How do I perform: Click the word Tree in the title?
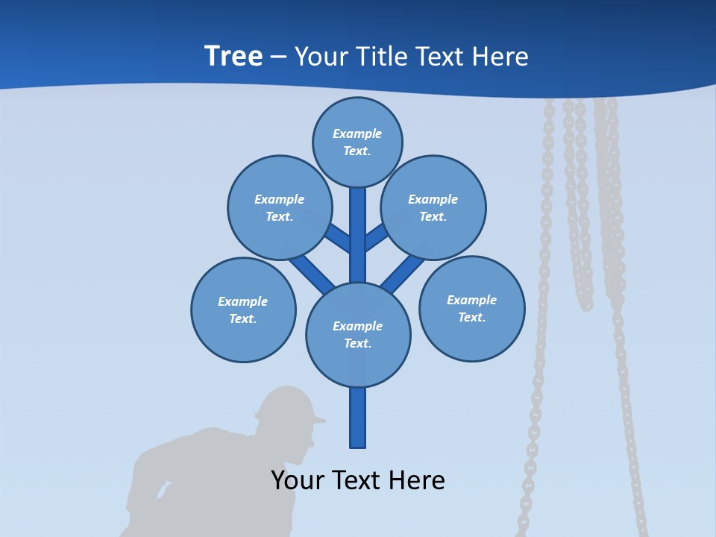pyautogui.click(x=233, y=57)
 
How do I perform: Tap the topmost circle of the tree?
pyautogui.click(x=357, y=142)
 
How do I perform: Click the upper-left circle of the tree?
pyautogui.click(x=280, y=207)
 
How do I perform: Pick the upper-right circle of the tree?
pyautogui.click(x=433, y=207)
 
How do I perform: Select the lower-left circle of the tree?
pyautogui.click(x=243, y=310)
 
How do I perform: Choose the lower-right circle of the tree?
pyautogui.click(x=471, y=308)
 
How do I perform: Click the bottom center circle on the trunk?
pyautogui.click(x=358, y=335)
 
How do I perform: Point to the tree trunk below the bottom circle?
pyautogui.click(x=358, y=418)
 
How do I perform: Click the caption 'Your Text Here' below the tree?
pyautogui.click(x=358, y=480)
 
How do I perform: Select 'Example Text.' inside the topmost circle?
pyautogui.click(x=357, y=142)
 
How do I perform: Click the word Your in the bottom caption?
pyautogui.click(x=297, y=480)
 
